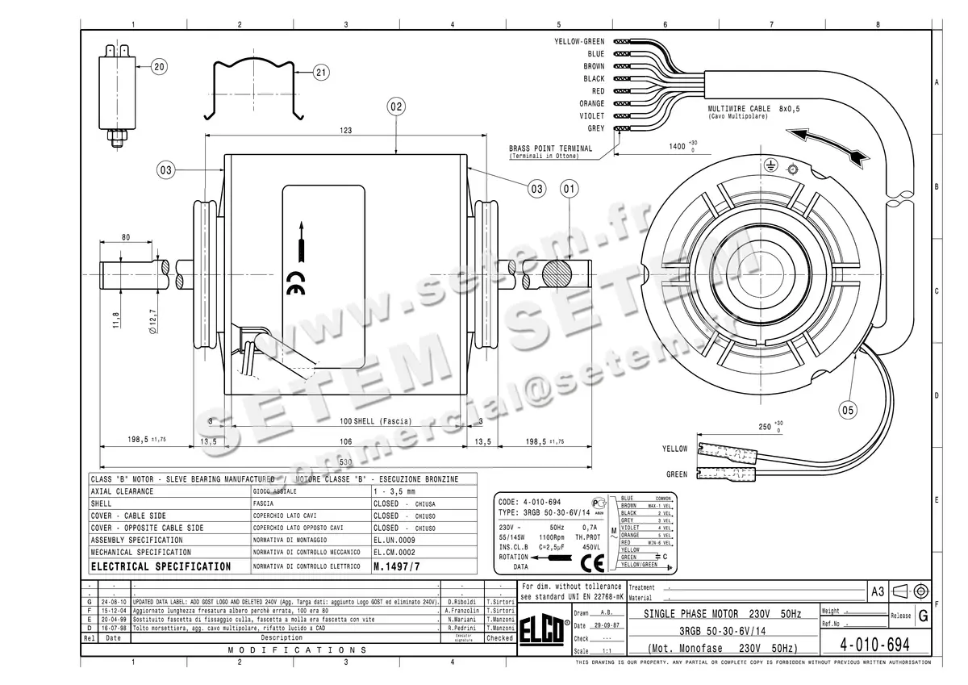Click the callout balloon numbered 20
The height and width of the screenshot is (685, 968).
[x=159, y=67]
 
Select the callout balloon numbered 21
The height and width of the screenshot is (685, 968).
[x=321, y=73]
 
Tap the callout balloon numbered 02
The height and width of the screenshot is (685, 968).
[x=396, y=106]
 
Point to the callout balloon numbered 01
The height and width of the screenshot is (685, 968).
[x=570, y=189]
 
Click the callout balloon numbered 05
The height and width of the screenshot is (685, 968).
[x=848, y=409]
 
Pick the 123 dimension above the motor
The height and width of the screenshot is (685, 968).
[x=346, y=130]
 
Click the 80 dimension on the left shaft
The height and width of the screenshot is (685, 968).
[x=126, y=237]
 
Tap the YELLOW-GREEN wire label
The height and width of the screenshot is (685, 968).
[x=579, y=41]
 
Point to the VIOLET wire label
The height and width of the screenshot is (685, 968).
[x=591, y=116]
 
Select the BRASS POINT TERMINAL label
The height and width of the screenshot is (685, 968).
[x=550, y=148]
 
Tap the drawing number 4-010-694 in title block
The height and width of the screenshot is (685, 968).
[x=875, y=645]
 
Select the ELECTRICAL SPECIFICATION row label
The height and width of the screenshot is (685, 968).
[x=161, y=566]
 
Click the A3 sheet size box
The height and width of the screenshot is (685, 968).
[x=877, y=591]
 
